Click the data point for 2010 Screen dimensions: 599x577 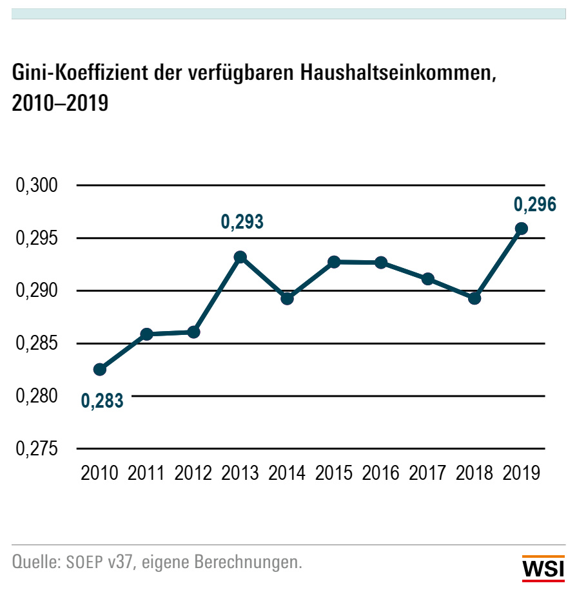(x=100, y=369)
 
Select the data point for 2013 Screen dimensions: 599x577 (x=240, y=257)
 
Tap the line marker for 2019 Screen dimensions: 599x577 (x=522, y=229)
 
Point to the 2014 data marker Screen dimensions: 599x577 (x=288, y=298)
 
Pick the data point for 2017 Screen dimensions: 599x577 (x=428, y=279)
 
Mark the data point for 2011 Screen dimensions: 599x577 (x=146, y=334)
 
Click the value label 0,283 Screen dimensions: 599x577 (x=102, y=401)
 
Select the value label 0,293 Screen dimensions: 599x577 (x=242, y=223)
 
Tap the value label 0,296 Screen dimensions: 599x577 (x=534, y=205)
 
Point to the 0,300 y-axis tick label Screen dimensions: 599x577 (x=37, y=186)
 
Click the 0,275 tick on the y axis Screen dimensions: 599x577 (x=37, y=449)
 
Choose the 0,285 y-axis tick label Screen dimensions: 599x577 (x=37, y=344)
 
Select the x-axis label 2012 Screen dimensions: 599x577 (x=193, y=474)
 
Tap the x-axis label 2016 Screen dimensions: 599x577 (x=381, y=474)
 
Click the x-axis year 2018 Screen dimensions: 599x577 (x=474, y=474)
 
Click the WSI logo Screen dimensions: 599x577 (x=543, y=569)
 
